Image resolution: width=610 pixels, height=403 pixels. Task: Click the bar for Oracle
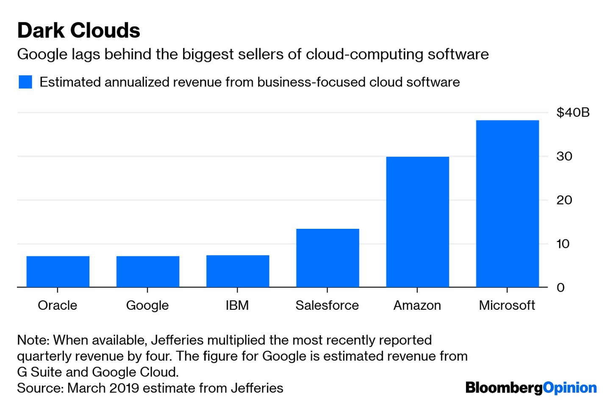[58, 272]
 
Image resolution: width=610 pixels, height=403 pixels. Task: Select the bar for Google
[148, 272]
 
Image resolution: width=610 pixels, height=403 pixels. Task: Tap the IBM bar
[238, 271]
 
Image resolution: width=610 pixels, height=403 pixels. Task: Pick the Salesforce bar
[327, 258]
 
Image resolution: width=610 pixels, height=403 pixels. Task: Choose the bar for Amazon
[417, 222]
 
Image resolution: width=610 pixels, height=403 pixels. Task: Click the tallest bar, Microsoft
[507, 204]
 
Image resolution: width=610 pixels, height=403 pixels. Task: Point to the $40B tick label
[573, 113]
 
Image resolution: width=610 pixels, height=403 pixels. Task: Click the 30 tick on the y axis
[564, 156]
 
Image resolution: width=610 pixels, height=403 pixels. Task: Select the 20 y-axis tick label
[564, 200]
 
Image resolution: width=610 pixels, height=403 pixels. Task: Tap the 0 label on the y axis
[560, 288]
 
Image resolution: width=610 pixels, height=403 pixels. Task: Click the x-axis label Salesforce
[327, 306]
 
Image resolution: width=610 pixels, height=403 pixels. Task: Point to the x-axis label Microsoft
[507, 306]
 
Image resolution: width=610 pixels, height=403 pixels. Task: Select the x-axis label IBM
[237, 306]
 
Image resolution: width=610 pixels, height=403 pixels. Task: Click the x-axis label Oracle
[58, 306]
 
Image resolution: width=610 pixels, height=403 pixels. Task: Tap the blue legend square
[25, 82]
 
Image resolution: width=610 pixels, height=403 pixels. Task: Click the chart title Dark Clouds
[79, 31]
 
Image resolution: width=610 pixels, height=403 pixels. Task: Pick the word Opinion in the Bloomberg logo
[570, 388]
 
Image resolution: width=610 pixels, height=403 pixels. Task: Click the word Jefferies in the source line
[257, 388]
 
